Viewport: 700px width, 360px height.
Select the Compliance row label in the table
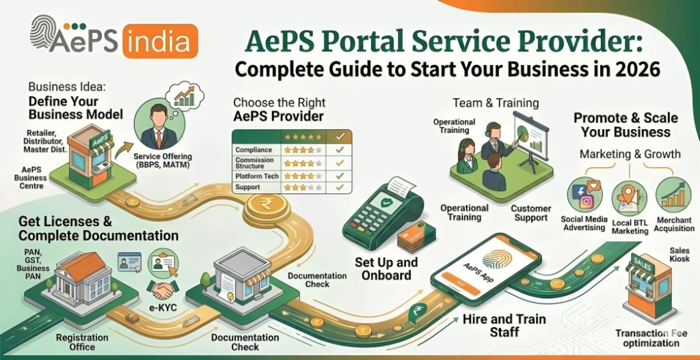tap(253, 149)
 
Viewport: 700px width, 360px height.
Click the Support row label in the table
tap(247, 186)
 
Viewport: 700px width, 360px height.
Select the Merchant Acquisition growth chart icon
tap(673, 195)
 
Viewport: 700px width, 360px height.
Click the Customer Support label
tap(531, 213)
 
